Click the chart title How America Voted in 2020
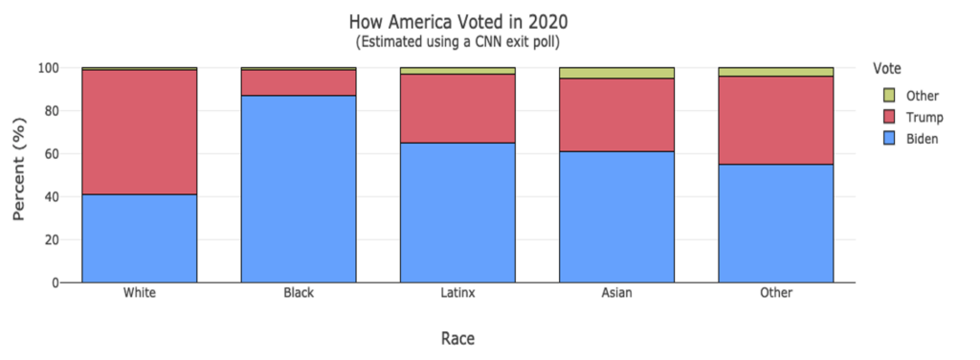pyautogui.click(x=457, y=21)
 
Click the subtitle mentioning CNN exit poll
pyautogui.click(x=457, y=42)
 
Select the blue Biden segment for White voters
pyautogui.click(x=140, y=238)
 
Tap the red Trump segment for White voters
pyautogui.click(x=140, y=132)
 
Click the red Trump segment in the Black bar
pyautogui.click(x=299, y=82)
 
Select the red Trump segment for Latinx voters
pyautogui.click(x=457, y=108)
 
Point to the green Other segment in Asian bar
pyautogui.click(x=616, y=73)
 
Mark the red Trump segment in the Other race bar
pyautogui.click(x=776, y=120)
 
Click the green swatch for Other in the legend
pyautogui.click(x=888, y=96)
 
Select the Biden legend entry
pyautogui.click(x=923, y=139)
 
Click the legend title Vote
pyautogui.click(x=887, y=67)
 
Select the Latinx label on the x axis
pyautogui.click(x=457, y=293)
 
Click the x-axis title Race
pyautogui.click(x=457, y=338)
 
